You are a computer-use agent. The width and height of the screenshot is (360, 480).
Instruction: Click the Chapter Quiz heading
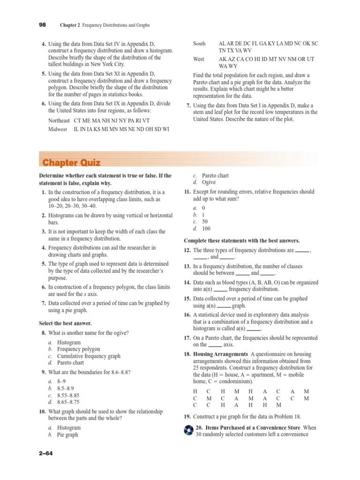[71, 163]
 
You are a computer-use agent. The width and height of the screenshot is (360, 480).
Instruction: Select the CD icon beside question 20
[188, 430]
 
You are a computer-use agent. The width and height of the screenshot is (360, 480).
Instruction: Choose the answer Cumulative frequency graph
[89, 356]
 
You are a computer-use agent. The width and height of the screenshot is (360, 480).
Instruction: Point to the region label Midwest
[58, 129]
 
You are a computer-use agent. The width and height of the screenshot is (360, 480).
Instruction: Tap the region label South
[199, 44]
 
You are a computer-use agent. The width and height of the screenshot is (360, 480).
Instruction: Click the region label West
[199, 60]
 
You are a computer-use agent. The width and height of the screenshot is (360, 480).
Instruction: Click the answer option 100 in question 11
[207, 229]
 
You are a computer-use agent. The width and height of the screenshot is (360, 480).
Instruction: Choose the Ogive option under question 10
[209, 182]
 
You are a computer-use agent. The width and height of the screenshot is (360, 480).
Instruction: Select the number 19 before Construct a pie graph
[187, 416]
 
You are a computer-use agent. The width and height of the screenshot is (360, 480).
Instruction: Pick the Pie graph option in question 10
[67, 435]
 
